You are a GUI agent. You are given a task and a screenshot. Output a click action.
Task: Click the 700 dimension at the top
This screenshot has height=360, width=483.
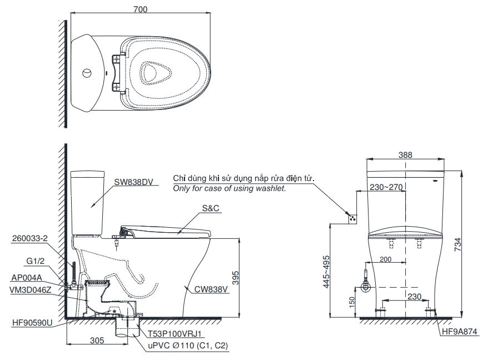(141, 9)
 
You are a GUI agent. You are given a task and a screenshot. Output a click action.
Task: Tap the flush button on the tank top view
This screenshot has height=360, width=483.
(86, 73)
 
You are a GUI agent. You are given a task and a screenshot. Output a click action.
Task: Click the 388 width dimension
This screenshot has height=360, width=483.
(405, 156)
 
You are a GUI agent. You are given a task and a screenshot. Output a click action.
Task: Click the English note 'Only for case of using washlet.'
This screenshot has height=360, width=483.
(229, 189)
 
